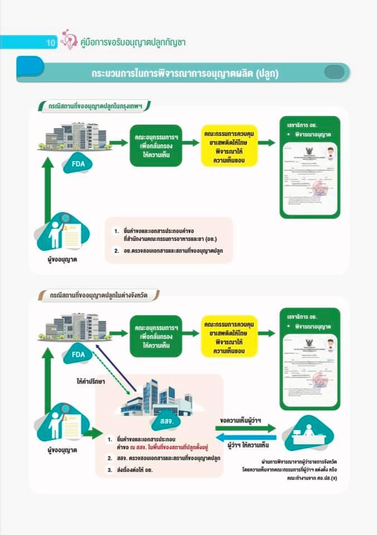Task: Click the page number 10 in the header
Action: click(x=50, y=42)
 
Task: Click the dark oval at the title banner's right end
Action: click(x=334, y=72)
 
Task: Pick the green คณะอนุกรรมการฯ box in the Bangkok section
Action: click(x=156, y=145)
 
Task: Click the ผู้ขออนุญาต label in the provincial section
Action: click(x=62, y=449)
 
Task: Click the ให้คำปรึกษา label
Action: click(x=91, y=382)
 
